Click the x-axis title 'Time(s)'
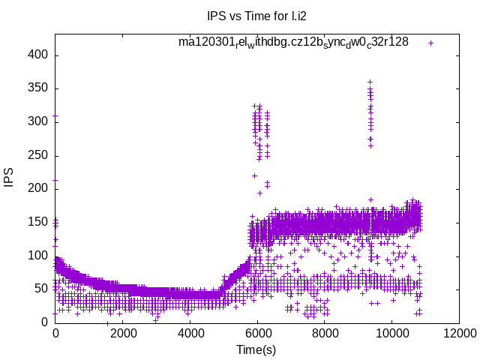pos(256,349)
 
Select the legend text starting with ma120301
pos(293,42)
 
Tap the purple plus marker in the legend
pos(430,43)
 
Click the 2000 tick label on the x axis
pos(122,334)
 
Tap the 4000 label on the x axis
pos(190,334)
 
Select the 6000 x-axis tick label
pos(257,334)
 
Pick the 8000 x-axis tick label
pos(324,334)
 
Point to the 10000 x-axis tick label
pos(391,334)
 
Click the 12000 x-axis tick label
pos(458,334)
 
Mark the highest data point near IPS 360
pos(370,82)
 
